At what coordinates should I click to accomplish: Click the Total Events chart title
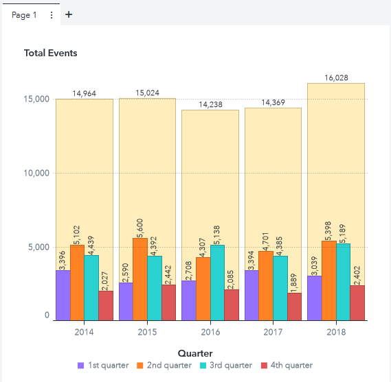51,53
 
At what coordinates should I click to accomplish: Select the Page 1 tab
24,14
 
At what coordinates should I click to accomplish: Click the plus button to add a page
68,14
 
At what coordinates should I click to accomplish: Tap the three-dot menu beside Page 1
52,14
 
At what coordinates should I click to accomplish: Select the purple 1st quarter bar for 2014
63,296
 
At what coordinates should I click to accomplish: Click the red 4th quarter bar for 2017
295,307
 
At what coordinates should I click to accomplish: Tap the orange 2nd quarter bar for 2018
329,280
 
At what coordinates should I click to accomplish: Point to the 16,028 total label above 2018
336,78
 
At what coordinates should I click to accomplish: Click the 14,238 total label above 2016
210,105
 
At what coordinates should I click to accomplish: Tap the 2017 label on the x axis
273,332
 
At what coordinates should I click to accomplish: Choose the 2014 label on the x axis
84,332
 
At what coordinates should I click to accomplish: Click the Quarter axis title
195,353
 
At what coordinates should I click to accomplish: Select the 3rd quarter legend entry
225,366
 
